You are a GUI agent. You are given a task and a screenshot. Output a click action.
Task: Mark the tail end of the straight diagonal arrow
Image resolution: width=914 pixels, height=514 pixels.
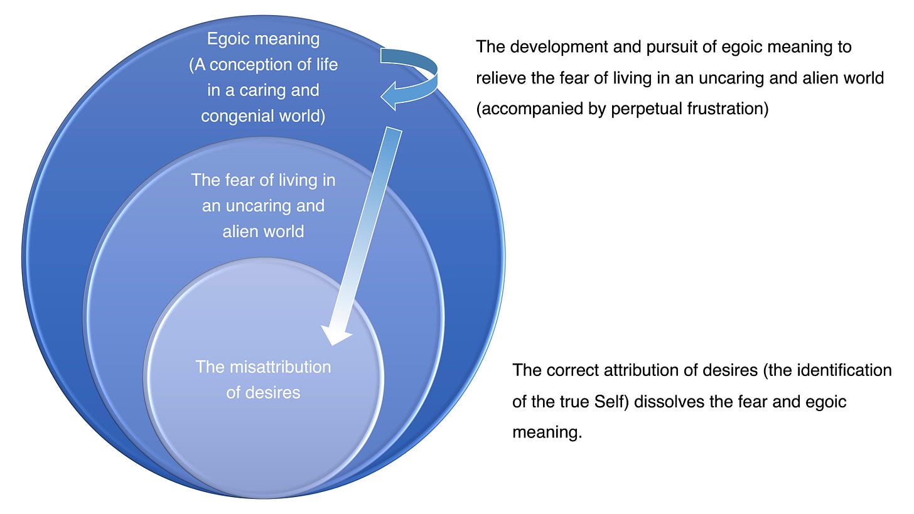click(394, 130)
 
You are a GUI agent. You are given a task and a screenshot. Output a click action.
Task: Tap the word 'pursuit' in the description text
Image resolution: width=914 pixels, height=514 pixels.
click(669, 47)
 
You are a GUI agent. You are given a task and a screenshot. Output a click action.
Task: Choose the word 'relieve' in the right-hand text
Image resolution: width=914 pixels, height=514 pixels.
click(498, 78)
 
